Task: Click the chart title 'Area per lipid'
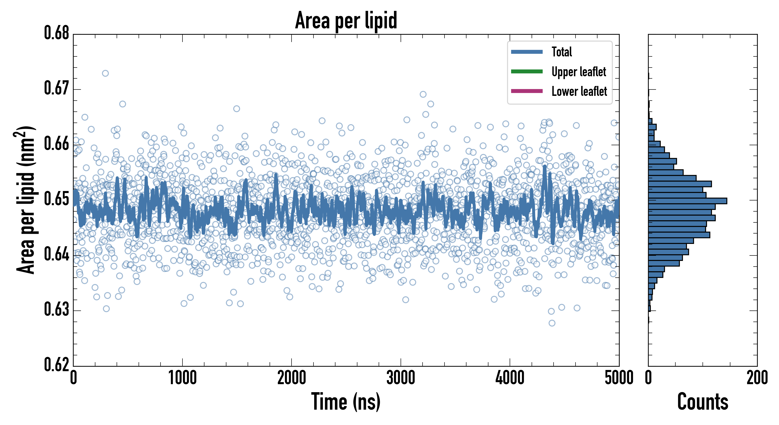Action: point(346,21)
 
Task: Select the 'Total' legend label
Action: point(562,52)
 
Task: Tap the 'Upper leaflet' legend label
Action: point(579,72)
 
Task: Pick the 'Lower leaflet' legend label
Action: point(579,91)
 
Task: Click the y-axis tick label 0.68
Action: point(57,33)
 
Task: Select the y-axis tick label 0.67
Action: point(57,88)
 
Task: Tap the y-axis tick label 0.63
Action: point(57,310)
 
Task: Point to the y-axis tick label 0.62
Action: point(57,365)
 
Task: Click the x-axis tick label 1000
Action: point(182,378)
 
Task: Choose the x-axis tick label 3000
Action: point(401,378)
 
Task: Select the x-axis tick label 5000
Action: point(619,378)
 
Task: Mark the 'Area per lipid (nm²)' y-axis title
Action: point(26,200)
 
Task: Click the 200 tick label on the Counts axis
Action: point(757,378)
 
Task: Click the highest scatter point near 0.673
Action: point(105,73)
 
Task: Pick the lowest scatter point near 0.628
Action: point(552,323)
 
